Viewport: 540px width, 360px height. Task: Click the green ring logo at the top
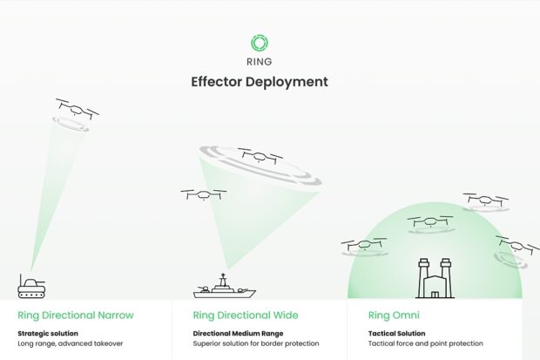tap(260, 43)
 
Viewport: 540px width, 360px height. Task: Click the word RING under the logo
tap(260, 62)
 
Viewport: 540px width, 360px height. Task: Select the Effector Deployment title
tap(260, 82)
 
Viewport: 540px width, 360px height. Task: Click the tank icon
tap(31, 286)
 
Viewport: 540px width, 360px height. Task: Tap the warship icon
tap(224, 288)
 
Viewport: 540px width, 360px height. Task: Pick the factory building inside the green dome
tap(433, 278)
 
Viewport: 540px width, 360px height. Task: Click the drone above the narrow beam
tap(77, 109)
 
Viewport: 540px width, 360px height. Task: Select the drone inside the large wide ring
tap(260, 157)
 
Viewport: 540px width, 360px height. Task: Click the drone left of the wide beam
tap(204, 194)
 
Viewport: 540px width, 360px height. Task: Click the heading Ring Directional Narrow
tap(76, 315)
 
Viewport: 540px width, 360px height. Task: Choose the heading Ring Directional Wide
tap(246, 315)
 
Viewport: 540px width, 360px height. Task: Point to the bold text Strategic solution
tap(48, 333)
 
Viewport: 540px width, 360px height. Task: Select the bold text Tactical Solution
tap(397, 333)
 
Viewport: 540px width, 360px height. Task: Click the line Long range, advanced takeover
tap(70, 343)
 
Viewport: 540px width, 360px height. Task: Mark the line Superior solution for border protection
tap(256, 343)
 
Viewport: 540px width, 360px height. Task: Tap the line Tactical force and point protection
tap(425, 343)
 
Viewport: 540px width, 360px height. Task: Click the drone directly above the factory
tap(430, 222)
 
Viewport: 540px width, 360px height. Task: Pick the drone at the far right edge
tap(516, 246)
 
